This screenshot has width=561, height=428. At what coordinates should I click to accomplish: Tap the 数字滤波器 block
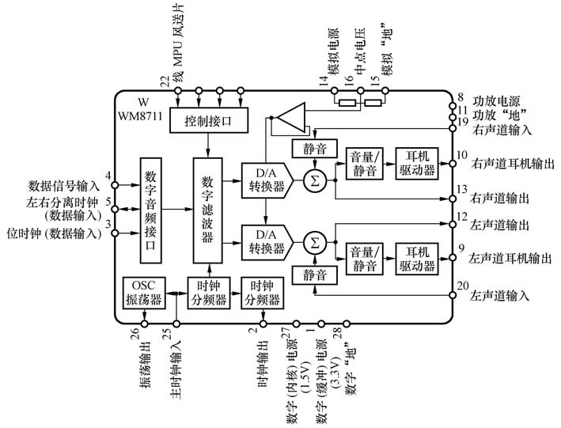point(209,210)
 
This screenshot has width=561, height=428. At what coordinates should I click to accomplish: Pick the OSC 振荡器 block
point(143,293)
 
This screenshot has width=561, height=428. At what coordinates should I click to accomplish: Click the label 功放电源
point(496,101)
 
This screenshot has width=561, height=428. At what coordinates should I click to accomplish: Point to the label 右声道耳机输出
point(511,164)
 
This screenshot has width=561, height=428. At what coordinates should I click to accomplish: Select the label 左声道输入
point(498,295)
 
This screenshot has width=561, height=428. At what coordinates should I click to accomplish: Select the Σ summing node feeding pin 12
point(315,241)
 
